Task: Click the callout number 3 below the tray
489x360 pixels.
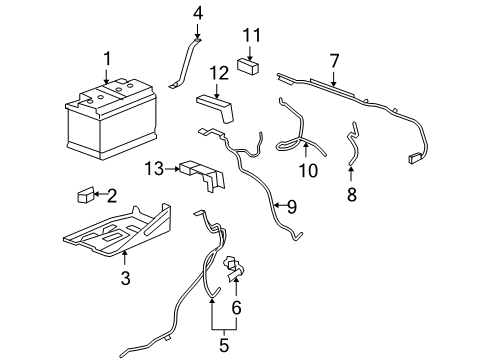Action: tap(126, 279)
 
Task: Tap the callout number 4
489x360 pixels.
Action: tap(198, 13)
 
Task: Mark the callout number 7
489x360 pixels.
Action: tap(335, 62)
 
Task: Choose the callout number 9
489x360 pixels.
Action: tap(291, 207)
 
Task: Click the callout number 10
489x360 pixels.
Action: tap(308, 171)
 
